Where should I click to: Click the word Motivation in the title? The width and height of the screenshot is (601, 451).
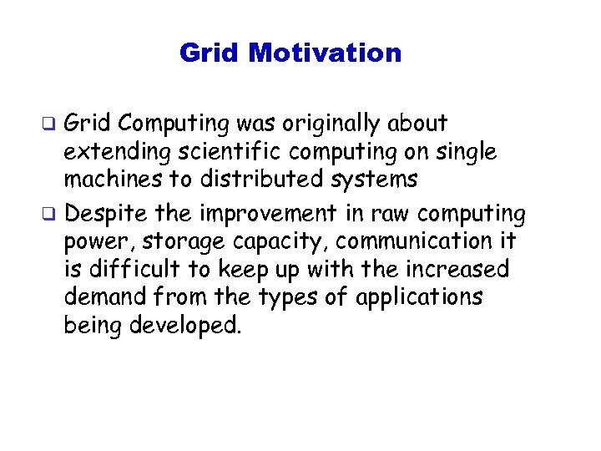pyautogui.click(x=325, y=53)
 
